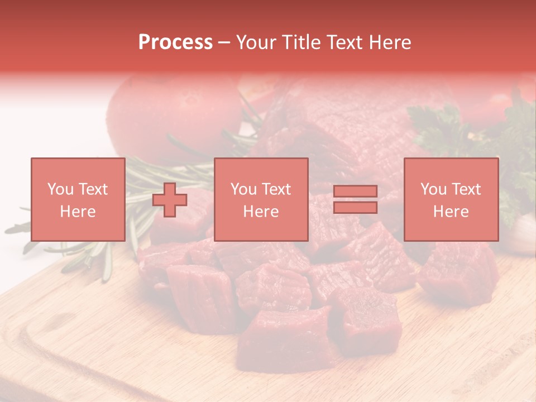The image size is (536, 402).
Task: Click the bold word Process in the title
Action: pos(175,42)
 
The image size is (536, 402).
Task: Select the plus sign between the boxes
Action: pos(170,199)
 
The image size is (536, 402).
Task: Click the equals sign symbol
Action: pos(355,199)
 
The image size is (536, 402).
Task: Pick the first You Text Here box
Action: pos(78,199)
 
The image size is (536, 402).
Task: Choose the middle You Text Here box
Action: pos(261,199)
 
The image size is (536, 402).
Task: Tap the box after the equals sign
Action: pos(451,199)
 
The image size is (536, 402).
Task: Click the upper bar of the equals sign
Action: pos(355,191)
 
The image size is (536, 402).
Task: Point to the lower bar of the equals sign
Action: pos(355,208)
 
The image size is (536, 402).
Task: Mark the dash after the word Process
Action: pos(224,42)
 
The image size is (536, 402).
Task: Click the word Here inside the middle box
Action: pos(261,212)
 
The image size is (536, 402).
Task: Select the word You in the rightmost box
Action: pos(433,189)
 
